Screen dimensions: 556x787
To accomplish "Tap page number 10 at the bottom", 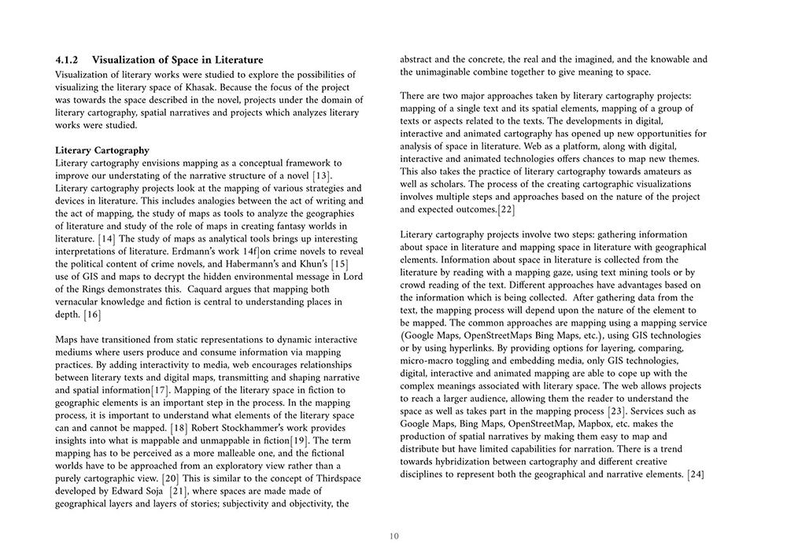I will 393,536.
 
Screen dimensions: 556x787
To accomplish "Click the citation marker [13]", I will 319,175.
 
